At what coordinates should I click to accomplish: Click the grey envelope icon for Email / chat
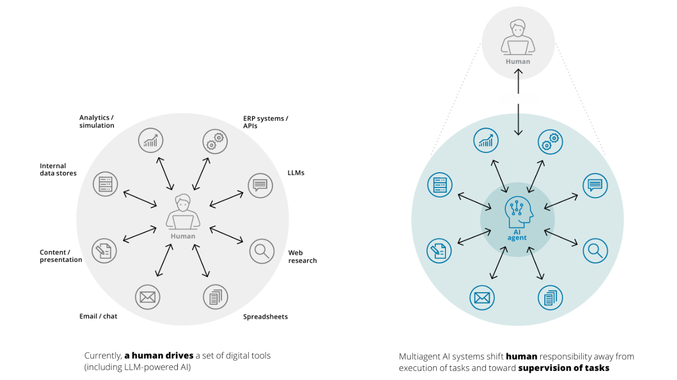[147, 297]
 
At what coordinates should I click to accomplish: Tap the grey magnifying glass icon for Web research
[262, 251]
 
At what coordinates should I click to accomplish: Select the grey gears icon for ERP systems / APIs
[215, 141]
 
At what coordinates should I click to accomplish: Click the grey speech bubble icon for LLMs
[260, 185]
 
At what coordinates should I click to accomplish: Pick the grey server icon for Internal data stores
[105, 184]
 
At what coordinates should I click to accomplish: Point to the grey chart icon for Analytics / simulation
[151, 140]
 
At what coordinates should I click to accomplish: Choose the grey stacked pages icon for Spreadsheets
[215, 297]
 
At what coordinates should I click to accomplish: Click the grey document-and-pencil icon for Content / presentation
[104, 251]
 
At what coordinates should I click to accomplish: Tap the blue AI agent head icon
[518, 212]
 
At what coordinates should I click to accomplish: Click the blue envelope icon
[482, 298]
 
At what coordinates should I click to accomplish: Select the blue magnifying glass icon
[595, 251]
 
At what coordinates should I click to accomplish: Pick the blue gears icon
[550, 142]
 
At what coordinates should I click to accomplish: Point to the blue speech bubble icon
[595, 185]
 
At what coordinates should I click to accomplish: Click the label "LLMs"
[296, 173]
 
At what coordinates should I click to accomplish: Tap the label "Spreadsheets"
[266, 317]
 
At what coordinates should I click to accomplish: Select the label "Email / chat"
[98, 316]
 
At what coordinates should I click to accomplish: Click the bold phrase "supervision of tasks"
[563, 368]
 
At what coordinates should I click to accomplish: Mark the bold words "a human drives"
[159, 356]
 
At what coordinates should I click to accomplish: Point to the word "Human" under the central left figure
[183, 236]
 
